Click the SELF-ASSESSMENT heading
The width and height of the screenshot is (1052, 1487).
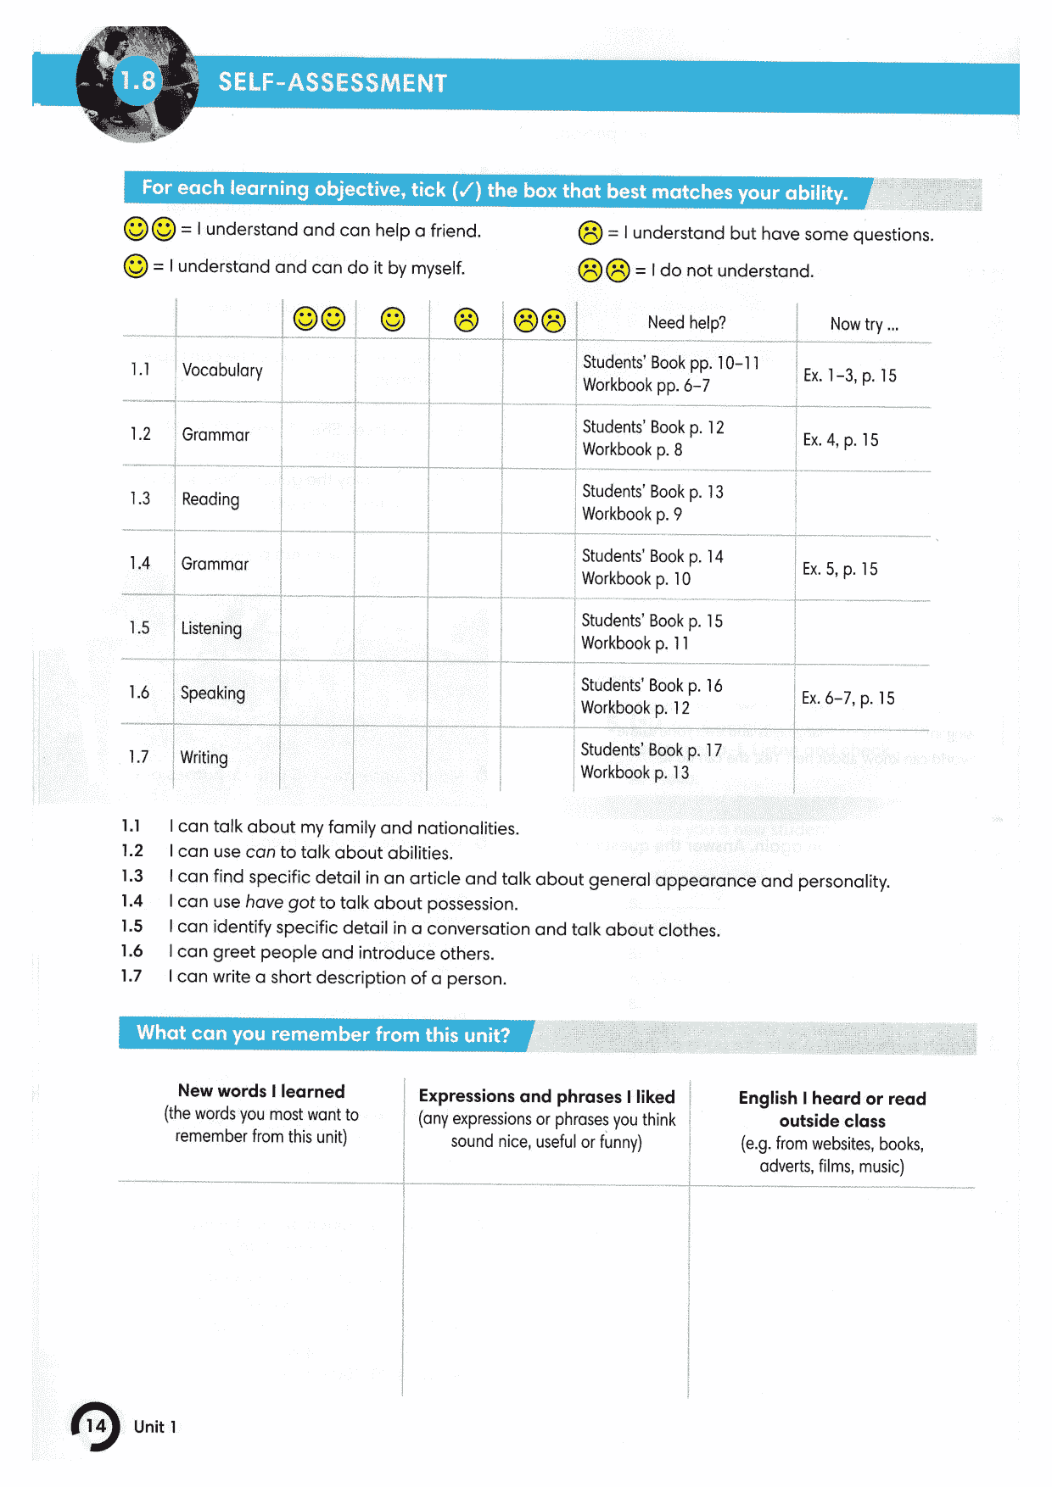333,82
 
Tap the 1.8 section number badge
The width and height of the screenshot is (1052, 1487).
137,81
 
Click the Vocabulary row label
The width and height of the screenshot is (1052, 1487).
222,370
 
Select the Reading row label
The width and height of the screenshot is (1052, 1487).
210,499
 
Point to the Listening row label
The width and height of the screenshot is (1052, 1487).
211,628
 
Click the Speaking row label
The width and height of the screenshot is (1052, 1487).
213,693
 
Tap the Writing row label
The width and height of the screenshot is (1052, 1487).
204,757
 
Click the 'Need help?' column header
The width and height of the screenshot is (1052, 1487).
686,323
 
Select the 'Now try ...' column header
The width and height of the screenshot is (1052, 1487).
864,324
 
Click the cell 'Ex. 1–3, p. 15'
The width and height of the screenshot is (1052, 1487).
849,376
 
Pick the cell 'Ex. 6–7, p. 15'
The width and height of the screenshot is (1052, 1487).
848,698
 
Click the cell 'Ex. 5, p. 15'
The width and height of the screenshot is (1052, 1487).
840,569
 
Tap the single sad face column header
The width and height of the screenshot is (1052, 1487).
466,320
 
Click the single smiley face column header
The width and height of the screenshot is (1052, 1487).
393,320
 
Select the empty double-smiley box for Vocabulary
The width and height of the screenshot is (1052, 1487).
318,373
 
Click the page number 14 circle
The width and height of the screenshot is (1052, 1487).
96,1426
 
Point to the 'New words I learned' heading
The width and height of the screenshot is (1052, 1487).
261,1091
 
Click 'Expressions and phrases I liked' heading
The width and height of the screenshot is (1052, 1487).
546,1096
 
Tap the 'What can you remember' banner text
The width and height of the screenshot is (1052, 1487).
323,1034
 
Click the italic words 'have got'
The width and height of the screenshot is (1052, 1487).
279,902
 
